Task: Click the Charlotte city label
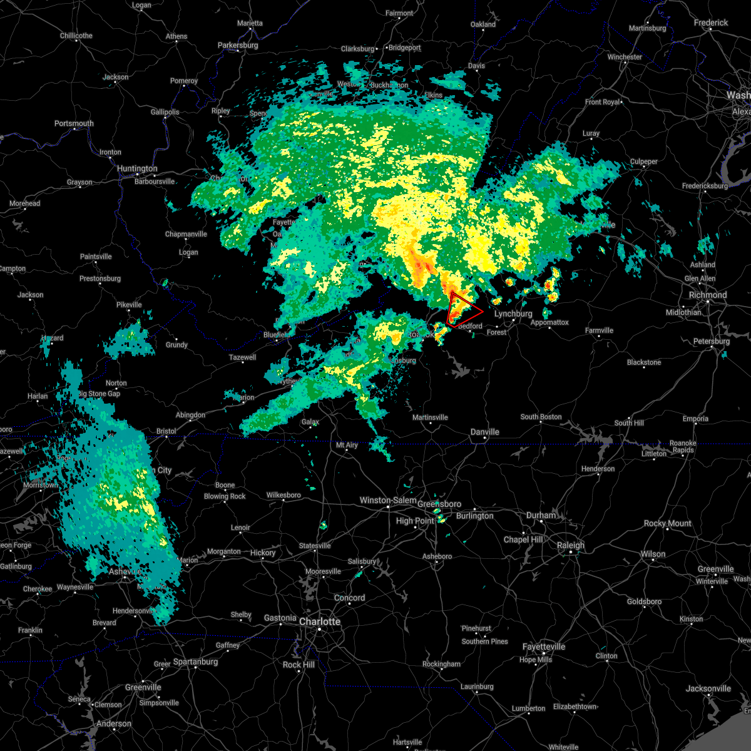tap(320, 621)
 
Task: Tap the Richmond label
tap(708, 295)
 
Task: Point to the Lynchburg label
tap(513, 314)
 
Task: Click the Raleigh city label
tap(571, 545)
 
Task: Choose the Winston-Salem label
tap(388, 500)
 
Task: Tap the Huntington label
tap(137, 168)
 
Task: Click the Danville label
tap(485, 432)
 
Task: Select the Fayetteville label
tap(544, 646)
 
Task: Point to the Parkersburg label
tap(238, 45)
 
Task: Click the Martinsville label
tap(430, 417)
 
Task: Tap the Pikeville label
tap(130, 305)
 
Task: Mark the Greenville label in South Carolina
tap(143, 687)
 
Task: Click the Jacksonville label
tap(708, 688)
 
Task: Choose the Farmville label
tap(599, 330)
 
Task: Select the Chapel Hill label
tap(523, 539)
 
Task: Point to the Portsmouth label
tap(74, 123)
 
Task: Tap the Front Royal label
tap(602, 102)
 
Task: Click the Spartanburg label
tap(195, 662)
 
